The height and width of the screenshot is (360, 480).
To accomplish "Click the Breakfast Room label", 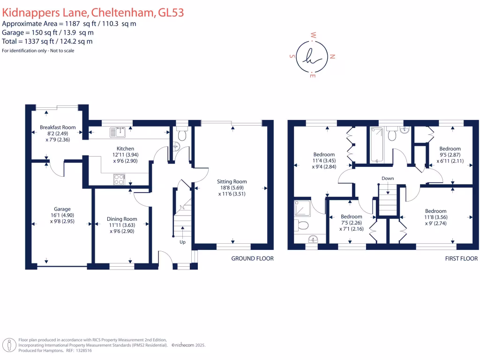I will point(58,127).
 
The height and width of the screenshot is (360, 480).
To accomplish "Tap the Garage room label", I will point(62,209).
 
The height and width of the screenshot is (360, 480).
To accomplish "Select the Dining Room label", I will point(122,218).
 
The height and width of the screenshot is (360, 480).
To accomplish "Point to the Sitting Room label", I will point(232,181).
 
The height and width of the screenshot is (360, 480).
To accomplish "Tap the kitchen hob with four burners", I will point(118,179).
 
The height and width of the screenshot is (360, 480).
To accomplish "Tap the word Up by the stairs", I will point(182,242).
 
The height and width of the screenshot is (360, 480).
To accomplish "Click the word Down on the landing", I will point(388,179).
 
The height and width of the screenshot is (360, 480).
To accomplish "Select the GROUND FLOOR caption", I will point(252,258).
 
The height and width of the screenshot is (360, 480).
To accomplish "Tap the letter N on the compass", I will point(332,57).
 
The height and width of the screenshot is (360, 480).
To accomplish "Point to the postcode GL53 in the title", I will point(171,13).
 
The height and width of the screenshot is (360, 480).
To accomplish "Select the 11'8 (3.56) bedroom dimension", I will point(435,217).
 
